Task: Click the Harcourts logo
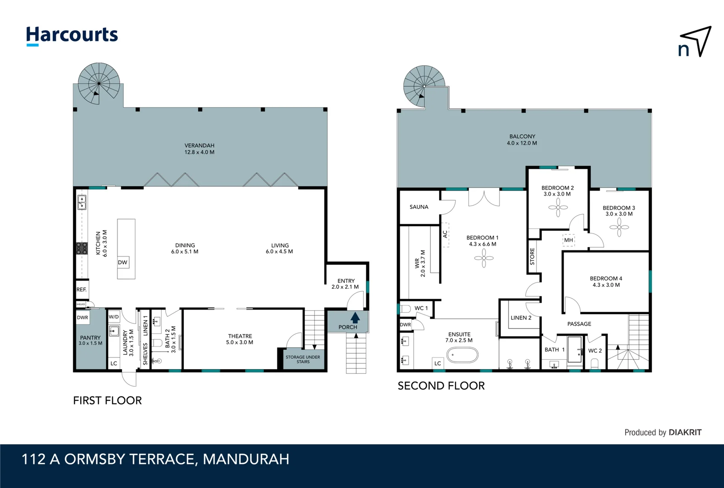click(x=72, y=35)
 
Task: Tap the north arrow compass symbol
click(x=696, y=42)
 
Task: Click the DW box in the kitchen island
click(x=122, y=263)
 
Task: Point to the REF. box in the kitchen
click(x=82, y=290)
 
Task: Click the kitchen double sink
click(x=82, y=202)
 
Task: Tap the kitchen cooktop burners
click(x=82, y=248)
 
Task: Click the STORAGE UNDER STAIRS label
click(x=303, y=359)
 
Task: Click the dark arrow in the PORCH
click(x=355, y=318)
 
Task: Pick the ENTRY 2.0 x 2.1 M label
click(x=346, y=284)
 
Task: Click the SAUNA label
click(x=419, y=207)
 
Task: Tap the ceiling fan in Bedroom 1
click(x=484, y=258)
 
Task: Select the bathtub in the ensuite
click(x=462, y=355)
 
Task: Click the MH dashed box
click(x=568, y=240)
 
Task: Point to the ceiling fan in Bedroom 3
click(x=619, y=227)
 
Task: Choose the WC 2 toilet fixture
click(x=595, y=364)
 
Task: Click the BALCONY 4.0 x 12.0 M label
click(x=522, y=140)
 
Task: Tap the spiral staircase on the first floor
click(x=99, y=84)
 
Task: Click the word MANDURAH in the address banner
click(x=246, y=459)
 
